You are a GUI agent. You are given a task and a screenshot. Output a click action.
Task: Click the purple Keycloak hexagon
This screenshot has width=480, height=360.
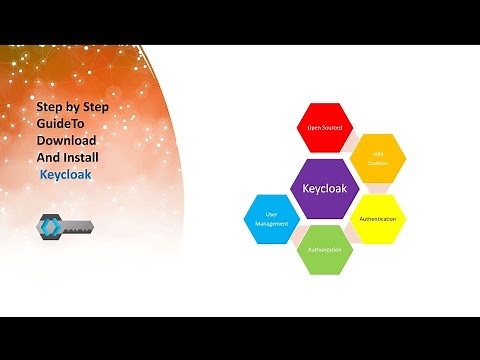tap(325, 187)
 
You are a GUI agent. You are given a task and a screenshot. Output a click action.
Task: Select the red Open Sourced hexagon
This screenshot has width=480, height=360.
tap(325, 128)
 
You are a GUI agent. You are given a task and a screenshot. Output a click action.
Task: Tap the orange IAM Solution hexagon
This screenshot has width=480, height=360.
tap(379, 157)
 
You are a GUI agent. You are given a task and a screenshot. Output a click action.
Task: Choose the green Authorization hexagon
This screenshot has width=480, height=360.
tap(325, 248)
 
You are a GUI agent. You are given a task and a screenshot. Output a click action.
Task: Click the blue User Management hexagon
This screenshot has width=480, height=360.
tap(271, 219)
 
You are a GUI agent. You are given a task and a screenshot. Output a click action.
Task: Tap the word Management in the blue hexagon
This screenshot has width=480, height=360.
tap(271, 223)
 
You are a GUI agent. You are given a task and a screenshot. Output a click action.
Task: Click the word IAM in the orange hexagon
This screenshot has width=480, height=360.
tap(379, 154)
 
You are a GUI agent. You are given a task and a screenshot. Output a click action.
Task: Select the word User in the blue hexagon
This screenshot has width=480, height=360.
tap(270, 214)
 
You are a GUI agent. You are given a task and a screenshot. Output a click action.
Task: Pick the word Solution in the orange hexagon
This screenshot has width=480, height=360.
tap(379, 162)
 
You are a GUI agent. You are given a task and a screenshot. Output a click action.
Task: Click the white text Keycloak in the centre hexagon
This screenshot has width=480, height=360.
tap(325, 187)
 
